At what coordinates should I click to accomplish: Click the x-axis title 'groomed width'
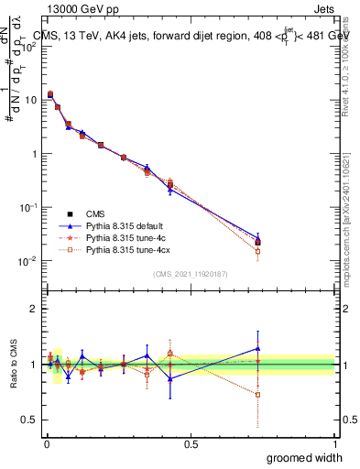pyautogui.click(x=305, y=456)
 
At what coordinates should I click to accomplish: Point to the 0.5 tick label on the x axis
pyautogui.click(x=191, y=442)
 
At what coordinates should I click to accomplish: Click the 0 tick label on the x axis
pyautogui.click(x=46, y=442)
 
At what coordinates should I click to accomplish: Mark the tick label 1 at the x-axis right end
pyautogui.click(x=335, y=442)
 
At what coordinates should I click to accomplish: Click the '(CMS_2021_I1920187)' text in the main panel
pyautogui.click(x=191, y=274)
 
